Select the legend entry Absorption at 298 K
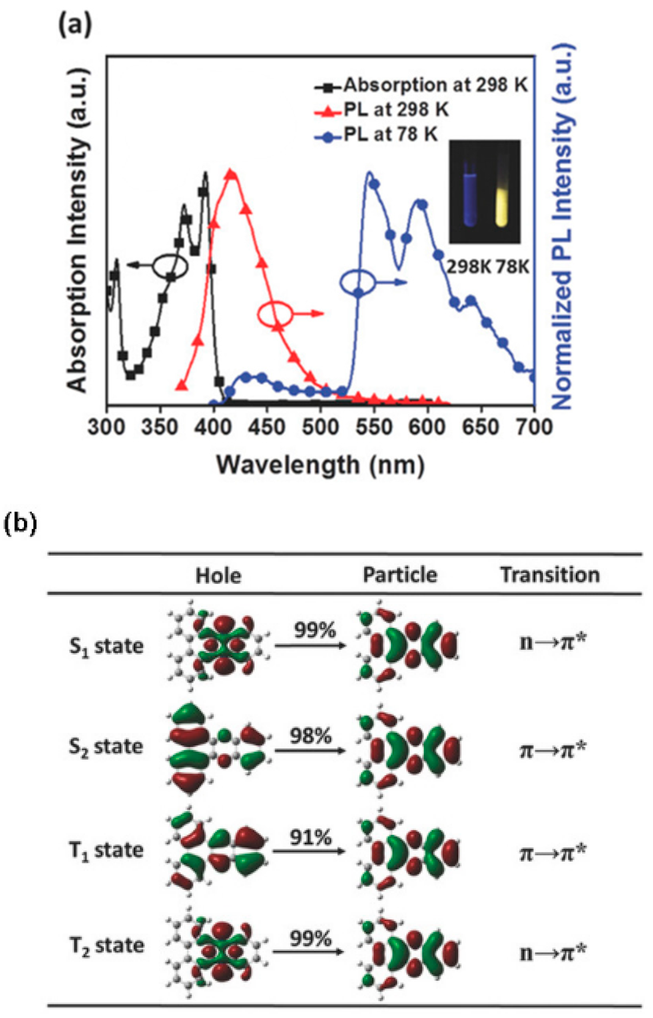pos(435,86)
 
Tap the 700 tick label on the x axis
pos(533,427)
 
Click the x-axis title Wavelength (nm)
pos(321,465)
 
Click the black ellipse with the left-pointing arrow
pos(170,266)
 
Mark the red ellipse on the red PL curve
pos(276,314)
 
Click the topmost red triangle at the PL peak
pos(231,174)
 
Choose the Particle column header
pos(399,575)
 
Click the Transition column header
pos(549,575)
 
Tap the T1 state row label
pos(106,851)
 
